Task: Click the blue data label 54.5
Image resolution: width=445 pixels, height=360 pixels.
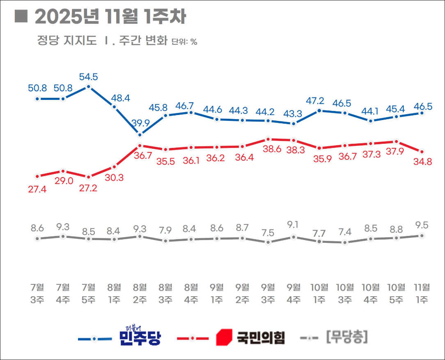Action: (89, 76)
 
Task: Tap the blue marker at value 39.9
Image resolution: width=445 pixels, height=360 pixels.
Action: (140, 134)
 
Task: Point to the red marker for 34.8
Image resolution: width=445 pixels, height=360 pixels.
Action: (422, 152)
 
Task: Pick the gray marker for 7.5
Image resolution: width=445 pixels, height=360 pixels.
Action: (268, 242)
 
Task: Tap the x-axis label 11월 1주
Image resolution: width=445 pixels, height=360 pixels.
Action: (422, 293)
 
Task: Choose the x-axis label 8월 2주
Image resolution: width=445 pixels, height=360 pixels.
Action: (140, 293)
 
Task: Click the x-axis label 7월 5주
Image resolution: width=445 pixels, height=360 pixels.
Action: (89, 293)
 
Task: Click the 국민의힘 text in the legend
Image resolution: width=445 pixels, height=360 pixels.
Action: (261, 338)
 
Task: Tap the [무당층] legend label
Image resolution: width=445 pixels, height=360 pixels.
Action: (347, 337)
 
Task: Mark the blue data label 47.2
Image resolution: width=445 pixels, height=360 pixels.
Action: (316, 100)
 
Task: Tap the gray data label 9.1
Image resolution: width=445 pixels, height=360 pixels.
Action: (294, 224)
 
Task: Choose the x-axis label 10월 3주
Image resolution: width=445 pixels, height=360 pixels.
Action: (345, 293)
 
